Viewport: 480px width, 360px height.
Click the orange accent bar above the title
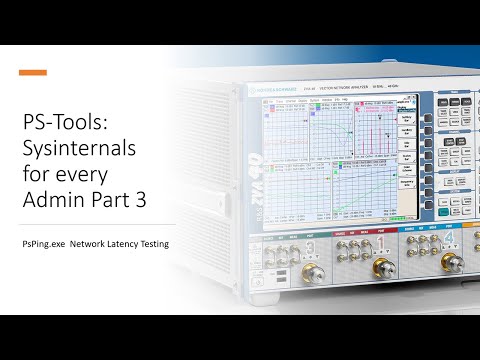click(33, 72)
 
